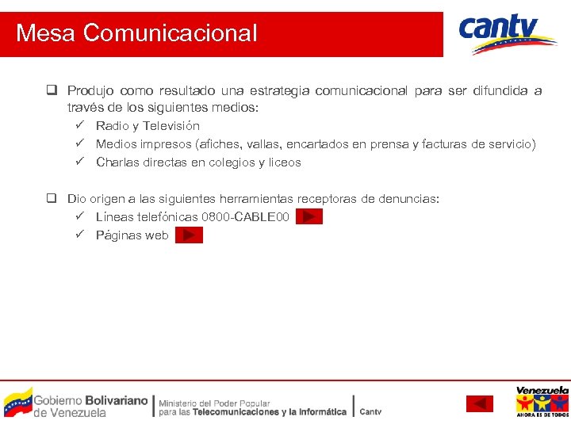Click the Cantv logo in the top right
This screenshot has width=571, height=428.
(x=508, y=34)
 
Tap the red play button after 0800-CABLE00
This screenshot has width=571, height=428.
(x=309, y=216)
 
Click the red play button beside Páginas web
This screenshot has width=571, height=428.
(x=189, y=235)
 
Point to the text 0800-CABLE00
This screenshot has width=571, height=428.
(x=246, y=216)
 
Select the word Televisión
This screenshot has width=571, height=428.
(x=171, y=126)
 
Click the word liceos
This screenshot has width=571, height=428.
(x=283, y=162)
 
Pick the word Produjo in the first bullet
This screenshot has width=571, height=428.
(x=91, y=90)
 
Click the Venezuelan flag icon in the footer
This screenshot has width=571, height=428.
(x=17, y=402)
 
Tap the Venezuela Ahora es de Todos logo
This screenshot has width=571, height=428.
(x=542, y=401)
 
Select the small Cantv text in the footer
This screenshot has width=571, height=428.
(x=370, y=412)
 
